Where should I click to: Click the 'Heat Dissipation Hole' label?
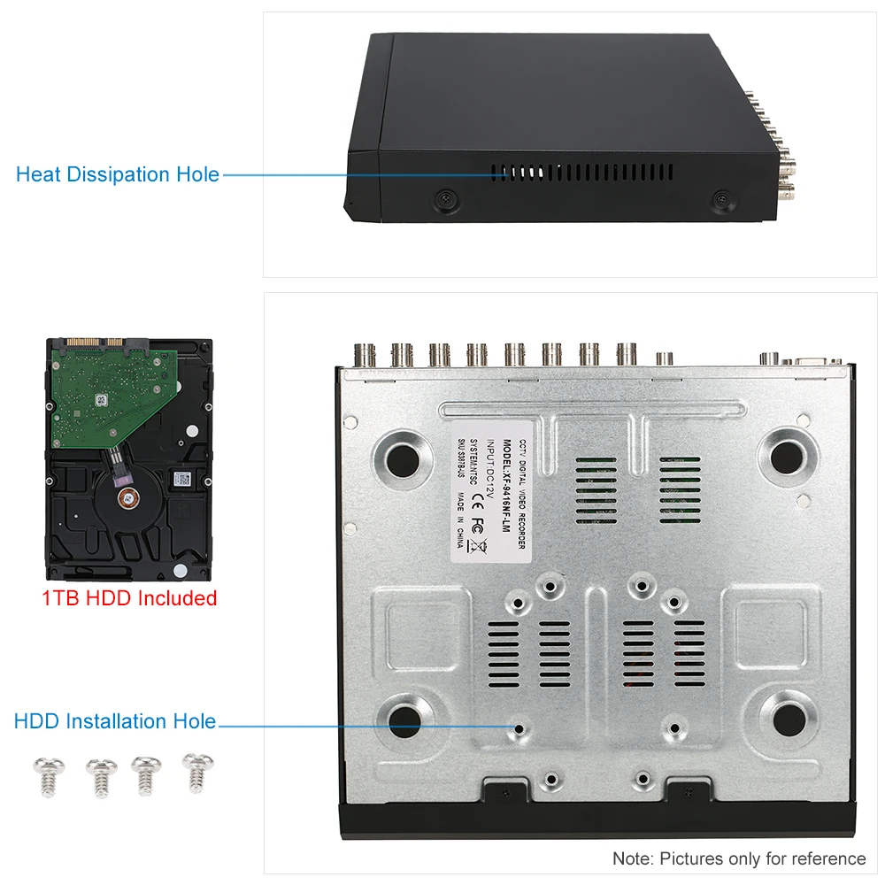(x=118, y=174)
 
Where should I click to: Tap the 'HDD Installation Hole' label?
(x=115, y=721)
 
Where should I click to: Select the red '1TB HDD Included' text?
(x=129, y=598)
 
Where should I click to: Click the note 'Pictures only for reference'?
(x=739, y=858)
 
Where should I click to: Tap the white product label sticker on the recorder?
(x=490, y=496)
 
